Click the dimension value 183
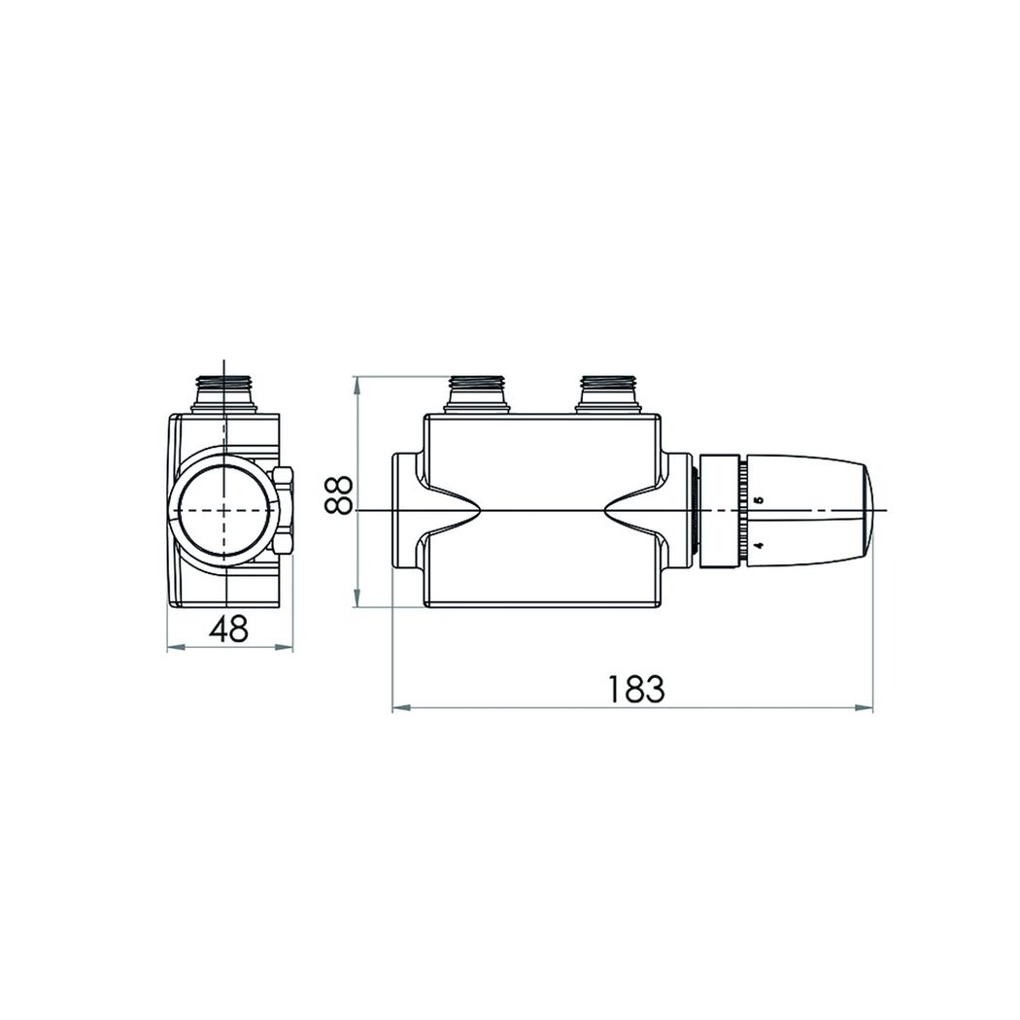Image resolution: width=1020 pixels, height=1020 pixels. [635, 689]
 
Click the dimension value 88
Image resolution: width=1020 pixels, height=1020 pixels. [339, 495]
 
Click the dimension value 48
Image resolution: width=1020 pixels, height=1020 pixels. [229, 629]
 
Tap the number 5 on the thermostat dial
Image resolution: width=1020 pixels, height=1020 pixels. [757, 500]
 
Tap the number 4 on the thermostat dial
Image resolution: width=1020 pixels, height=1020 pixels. [757, 544]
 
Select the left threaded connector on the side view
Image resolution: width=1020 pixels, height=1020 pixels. [478, 394]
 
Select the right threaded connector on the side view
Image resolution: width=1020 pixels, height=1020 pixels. [609, 394]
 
